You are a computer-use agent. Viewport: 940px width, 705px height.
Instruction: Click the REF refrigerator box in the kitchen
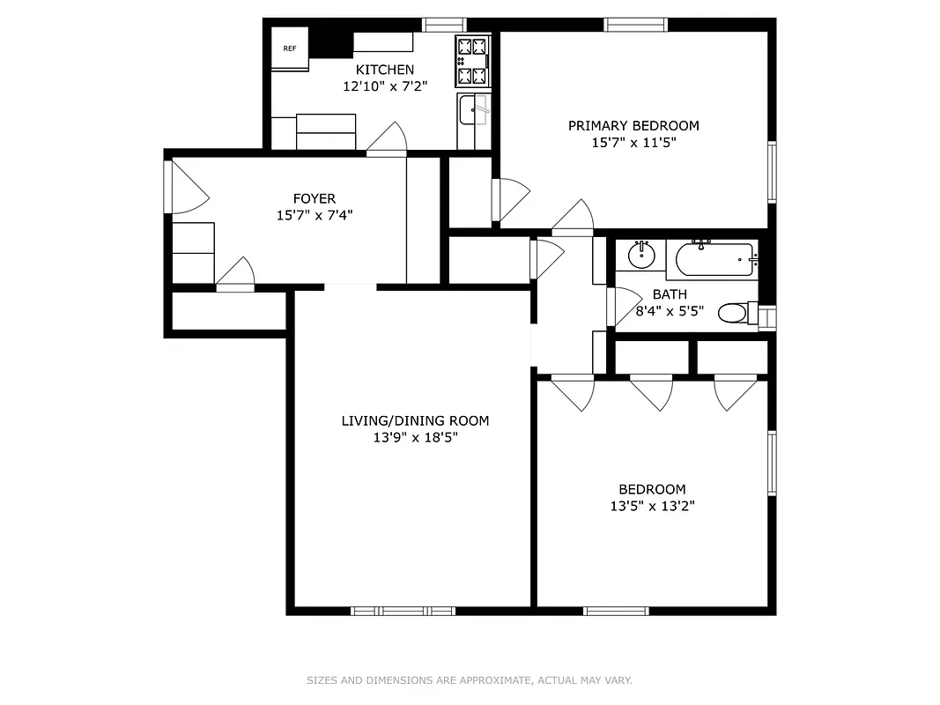click(x=289, y=48)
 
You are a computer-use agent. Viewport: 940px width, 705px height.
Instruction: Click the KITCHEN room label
click(x=384, y=70)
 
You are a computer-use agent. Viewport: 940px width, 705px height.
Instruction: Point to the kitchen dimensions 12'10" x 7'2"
click(x=384, y=86)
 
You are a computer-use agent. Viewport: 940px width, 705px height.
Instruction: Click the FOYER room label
click(x=315, y=198)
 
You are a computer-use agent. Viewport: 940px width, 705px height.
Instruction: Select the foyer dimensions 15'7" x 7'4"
click(x=315, y=214)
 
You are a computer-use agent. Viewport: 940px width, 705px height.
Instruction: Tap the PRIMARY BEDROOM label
click(x=633, y=125)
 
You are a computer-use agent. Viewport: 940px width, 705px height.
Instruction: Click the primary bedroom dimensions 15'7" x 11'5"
click(x=633, y=142)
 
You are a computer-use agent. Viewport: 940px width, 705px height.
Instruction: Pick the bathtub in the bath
click(x=714, y=260)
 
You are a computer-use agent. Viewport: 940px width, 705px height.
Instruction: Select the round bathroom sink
click(x=641, y=256)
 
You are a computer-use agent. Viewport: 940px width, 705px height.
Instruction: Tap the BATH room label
click(x=670, y=293)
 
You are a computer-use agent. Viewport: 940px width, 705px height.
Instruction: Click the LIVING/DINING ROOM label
click(x=415, y=420)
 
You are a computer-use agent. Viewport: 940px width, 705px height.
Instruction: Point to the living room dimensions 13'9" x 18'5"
click(x=415, y=437)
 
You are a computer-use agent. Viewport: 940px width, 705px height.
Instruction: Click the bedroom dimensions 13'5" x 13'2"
click(x=651, y=506)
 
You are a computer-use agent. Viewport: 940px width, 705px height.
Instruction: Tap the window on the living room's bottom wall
click(x=403, y=610)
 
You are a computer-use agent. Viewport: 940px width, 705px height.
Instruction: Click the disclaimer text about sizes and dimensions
click(x=470, y=680)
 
